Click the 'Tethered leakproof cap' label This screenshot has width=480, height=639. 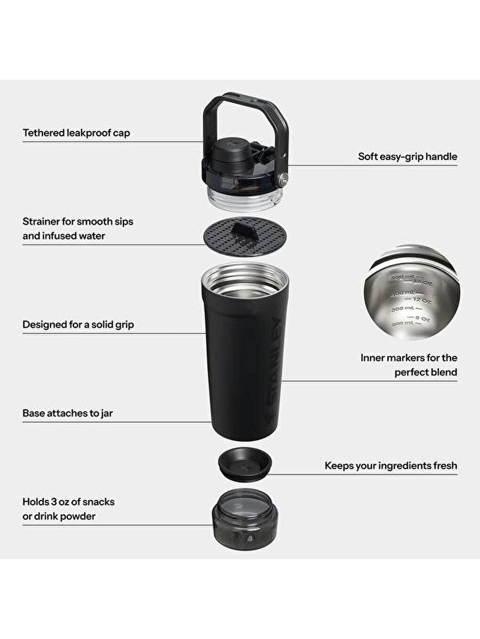click(x=76, y=133)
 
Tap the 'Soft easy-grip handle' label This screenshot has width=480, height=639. click(x=407, y=156)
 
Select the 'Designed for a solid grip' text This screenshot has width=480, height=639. click(x=78, y=325)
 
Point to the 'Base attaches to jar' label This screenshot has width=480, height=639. click(x=68, y=413)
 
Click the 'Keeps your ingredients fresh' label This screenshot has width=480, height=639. click(x=391, y=466)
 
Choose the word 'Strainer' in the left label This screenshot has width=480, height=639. click(x=41, y=221)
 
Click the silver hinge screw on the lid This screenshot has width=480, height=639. click(x=283, y=178)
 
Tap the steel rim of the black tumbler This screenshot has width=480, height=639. click(x=245, y=273)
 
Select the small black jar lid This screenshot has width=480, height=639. click(x=244, y=464)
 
